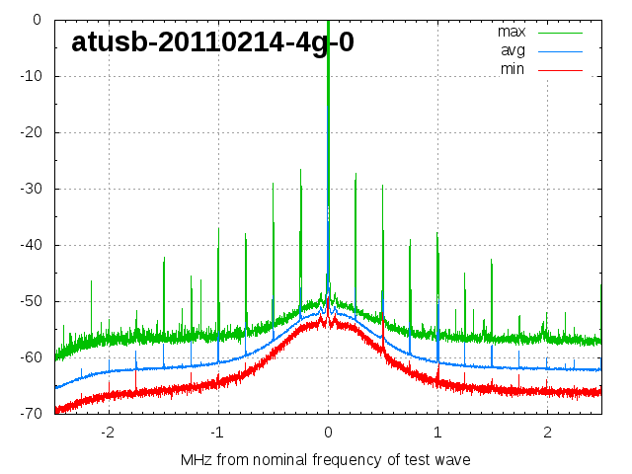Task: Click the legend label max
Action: pyautogui.click(x=511, y=31)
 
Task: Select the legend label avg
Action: pyautogui.click(x=513, y=49)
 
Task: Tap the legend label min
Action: pyautogui.click(x=512, y=68)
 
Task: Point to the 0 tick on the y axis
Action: pyautogui.click(x=37, y=20)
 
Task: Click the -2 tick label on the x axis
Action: pyautogui.click(x=107, y=433)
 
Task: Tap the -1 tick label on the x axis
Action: pyautogui.click(x=216, y=433)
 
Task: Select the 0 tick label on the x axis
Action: pyautogui.click(x=328, y=433)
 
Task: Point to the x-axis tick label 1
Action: pyautogui.click(x=437, y=433)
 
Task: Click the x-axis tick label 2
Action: pyautogui.click(x=547, y=433)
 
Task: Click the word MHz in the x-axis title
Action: pyautogui.click(x=197, y=460)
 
